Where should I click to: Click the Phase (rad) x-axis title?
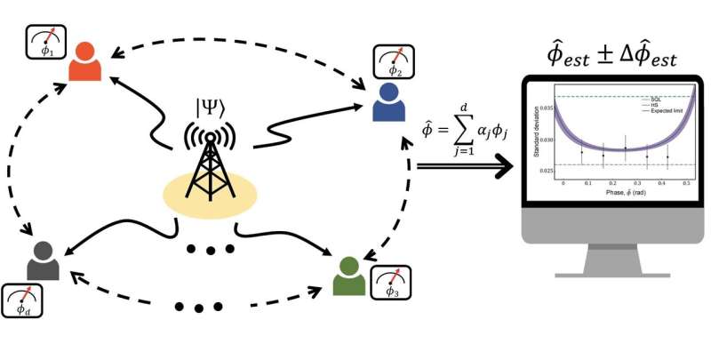[x=606, y=193]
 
